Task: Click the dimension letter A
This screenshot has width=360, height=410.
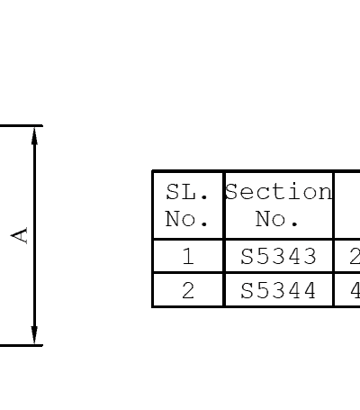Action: (x=19, y=235)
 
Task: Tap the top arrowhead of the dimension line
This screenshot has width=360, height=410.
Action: (x=35, y=136)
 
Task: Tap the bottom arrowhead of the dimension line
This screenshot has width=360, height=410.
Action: (x=35, y=335)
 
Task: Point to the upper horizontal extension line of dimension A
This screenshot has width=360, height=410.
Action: (x=22, y=125)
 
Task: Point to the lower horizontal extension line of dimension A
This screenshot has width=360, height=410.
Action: (x=22, y=345)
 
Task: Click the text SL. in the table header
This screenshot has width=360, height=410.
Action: (x=187, y=192)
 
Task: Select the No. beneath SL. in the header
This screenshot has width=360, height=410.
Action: (x=186, y=219)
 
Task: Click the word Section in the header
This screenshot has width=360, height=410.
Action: (x=279, y=191)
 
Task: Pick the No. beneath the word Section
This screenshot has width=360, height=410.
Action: (x=276, y=219)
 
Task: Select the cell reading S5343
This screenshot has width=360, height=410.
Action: (x=278, y=256)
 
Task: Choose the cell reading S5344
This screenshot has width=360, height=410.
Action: (x=278, y=290)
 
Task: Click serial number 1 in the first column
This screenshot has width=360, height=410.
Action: (x=188, y=256)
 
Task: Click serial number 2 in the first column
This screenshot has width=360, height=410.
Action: (x=188, y=290)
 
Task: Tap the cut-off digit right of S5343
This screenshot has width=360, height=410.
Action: (x=355, y=256)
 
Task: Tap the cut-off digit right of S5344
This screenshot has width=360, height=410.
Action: (x=355, y=290)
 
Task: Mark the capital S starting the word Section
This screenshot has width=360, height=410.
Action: (x=231, y=191)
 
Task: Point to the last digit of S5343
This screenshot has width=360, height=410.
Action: (x=309, y=256)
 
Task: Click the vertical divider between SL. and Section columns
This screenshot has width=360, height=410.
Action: (x=224, y=239)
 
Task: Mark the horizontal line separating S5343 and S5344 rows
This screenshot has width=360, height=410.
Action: (x=256, y=273)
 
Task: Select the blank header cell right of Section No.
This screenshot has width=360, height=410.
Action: (x=347, y=205)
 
